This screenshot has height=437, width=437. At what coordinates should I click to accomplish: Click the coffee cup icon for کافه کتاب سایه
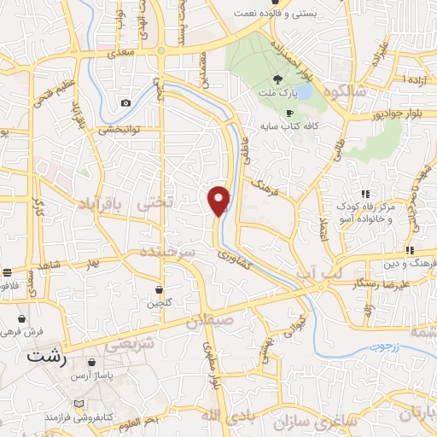point(289,113)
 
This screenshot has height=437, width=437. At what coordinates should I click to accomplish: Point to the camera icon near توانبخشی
point(126,103)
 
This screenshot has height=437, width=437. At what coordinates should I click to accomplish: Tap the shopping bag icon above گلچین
point(160,289)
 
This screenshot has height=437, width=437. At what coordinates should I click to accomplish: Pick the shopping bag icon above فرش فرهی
point(22,318)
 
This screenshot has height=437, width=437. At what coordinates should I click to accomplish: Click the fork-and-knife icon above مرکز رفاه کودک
point(365,195)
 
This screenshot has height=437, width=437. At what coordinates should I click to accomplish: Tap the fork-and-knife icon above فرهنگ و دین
point(410,250)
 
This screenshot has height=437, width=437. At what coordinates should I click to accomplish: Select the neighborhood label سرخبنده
point(172,254)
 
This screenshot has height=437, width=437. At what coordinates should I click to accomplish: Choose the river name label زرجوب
point(383,347)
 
